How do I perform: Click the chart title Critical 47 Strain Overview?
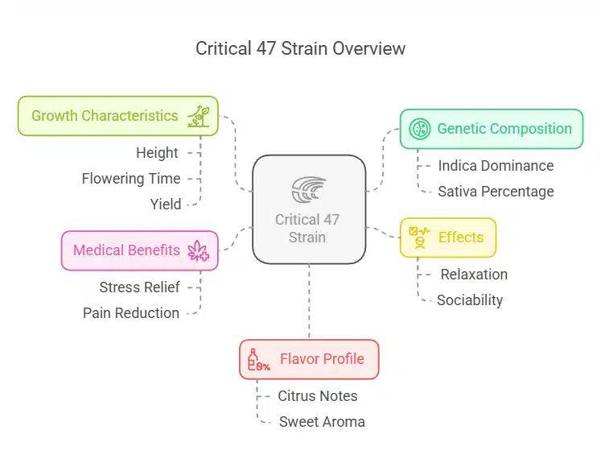click(x=300, y=48)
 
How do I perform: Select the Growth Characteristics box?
click(x=117, y=116)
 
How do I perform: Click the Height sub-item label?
click(x=158, y=153)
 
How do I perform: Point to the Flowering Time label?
click(x=131, y=179)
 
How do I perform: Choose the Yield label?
click(x=166, y=205)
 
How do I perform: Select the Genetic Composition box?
click(x=491, y=129)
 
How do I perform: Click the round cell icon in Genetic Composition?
click(x=419, y=129)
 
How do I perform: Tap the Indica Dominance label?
click(x=496, y=166)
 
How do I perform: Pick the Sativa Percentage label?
click(x=496, y=192)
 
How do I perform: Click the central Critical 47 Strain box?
click(x=309, y=209)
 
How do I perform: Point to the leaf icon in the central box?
click(x=309, y=190)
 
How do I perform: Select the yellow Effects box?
click(x=448, y=238)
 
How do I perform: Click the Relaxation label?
click(x=474, y=275)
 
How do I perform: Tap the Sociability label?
click(x=470, y=300)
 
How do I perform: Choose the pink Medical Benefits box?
click(x=140, y=250)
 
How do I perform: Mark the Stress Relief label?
click(x=140, y=287)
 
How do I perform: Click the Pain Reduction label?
click(x=131, y=313)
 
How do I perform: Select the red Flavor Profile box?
click(x=309, y=359)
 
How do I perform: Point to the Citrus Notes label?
click(x=318, y=396)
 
